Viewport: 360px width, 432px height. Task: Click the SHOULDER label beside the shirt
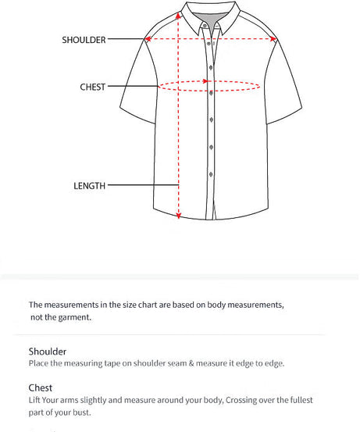point(84,40)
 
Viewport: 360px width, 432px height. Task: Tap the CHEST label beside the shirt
point(92,87)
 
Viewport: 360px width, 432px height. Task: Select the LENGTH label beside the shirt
point(89,186)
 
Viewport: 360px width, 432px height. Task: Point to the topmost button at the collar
point(205,25)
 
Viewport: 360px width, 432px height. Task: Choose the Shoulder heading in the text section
point(48,352)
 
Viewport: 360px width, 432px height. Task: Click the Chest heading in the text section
point(41,387)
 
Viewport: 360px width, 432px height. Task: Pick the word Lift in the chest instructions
point(36,400)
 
